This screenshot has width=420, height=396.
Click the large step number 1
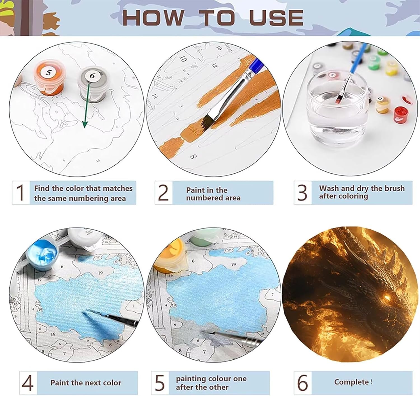coord(21,192)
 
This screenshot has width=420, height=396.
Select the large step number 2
coord(163,192)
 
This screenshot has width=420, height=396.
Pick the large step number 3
coord(302,192)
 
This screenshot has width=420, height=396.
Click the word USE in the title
coord(276,18)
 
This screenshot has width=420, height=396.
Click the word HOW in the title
coord(153,18)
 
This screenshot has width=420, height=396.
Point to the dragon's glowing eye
coord(387,298)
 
